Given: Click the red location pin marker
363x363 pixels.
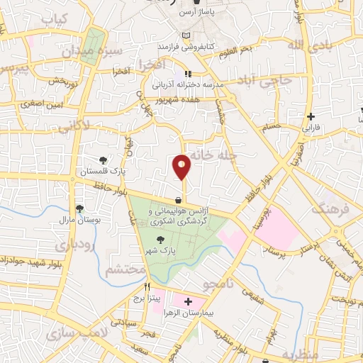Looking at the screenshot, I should (182, 166).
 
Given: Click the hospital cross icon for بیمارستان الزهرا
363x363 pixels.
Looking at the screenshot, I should (188, 302).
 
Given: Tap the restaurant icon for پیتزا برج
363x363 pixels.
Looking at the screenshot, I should (147, 288).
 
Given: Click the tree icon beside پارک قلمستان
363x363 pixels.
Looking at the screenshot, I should (104, 160).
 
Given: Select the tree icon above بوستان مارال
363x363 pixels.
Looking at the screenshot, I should (80, 208).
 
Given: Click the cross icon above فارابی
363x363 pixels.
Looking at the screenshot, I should (311, 117).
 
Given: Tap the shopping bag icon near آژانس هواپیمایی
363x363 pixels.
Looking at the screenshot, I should (177, 201).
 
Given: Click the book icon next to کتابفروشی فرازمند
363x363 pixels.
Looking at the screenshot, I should (186, 36).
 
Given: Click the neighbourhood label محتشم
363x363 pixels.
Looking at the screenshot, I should (125, 270).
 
